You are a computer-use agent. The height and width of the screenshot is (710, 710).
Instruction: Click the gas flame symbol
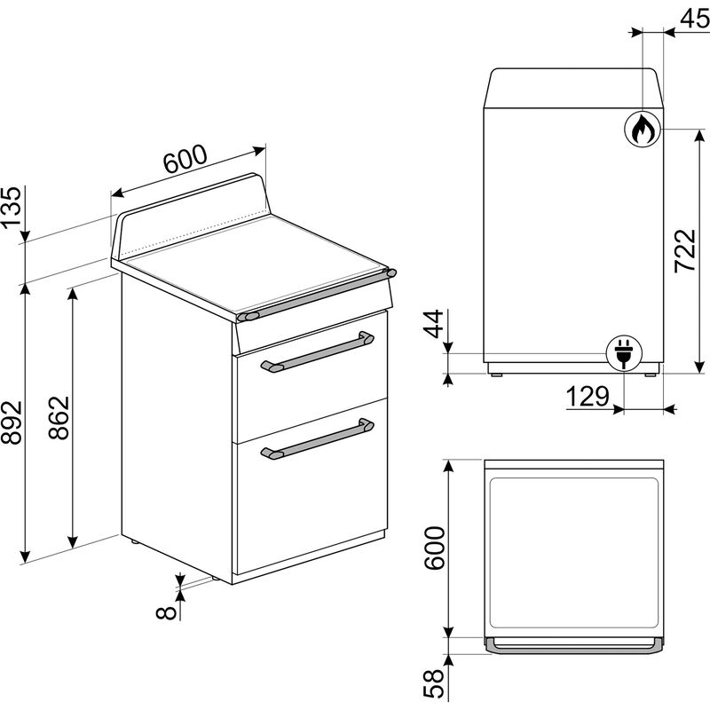pyautogui.click(x=642, y=130)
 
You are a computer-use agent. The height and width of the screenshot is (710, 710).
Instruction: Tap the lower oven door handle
pyautogui.click(x=316, y=438)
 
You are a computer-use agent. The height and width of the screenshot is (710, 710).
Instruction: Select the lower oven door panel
pyautogui.click(x=311, y=501)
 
